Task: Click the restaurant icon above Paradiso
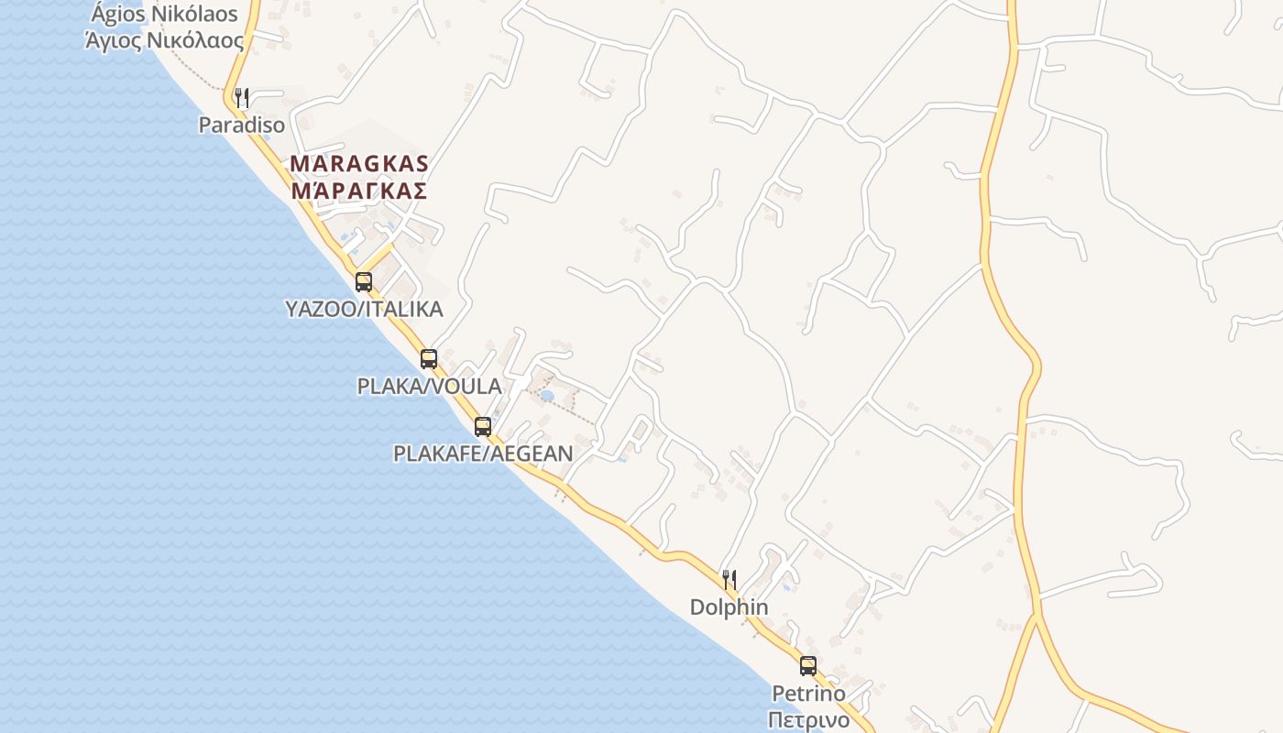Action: coord(242,97)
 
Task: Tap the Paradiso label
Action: coord(242,126)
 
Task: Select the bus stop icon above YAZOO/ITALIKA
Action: coord(364,281)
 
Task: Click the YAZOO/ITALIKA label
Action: coord(364,310)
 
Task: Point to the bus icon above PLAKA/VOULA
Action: coord(429,358)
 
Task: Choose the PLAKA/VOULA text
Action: coord(429,387)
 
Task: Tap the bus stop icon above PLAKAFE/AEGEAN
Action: coord(483,426)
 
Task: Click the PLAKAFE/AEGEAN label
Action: coord(483,454)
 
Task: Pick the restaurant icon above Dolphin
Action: coord(729,579)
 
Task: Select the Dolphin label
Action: coord(729,607)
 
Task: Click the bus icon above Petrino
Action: coord(808,666)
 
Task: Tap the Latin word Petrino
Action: coord(808,694)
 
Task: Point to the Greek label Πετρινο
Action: coord(808,719)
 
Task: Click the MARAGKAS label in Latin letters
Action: coord(359,164)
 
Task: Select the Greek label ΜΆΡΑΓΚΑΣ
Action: coord(359,191)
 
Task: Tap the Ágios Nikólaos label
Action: coord(165,15)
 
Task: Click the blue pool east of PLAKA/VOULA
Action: coord(547,396)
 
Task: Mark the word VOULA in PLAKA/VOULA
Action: coord(467,387)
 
